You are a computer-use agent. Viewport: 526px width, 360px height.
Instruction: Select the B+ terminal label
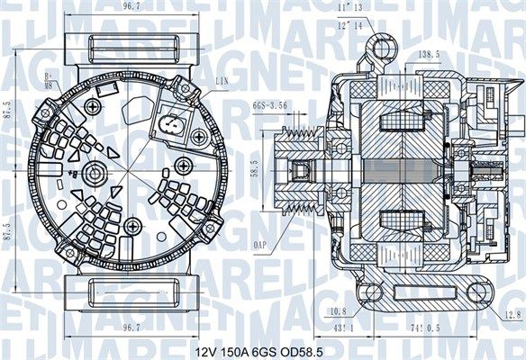click(50, 76)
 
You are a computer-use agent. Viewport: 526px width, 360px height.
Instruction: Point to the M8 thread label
click(50, 85)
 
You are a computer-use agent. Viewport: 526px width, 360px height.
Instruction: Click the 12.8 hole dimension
click(512, 313)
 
